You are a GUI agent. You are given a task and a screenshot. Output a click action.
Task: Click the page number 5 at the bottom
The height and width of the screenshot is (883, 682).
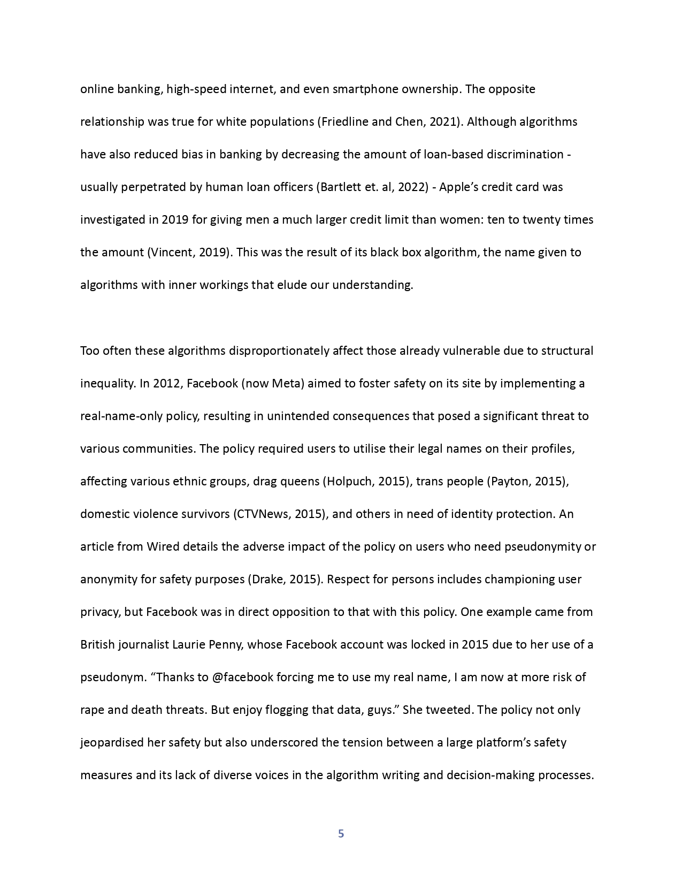[x=341, y=834]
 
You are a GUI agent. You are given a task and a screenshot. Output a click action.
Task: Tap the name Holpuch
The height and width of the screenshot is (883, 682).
[x=349, y=482]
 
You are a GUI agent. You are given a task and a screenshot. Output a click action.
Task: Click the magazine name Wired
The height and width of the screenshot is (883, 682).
[x=163, y=547]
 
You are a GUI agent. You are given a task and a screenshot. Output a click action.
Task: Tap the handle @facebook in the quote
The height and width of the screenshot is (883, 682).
[x=243, y=678]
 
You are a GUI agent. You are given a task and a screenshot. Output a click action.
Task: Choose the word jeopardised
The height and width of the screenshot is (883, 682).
[x=112, y=743]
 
